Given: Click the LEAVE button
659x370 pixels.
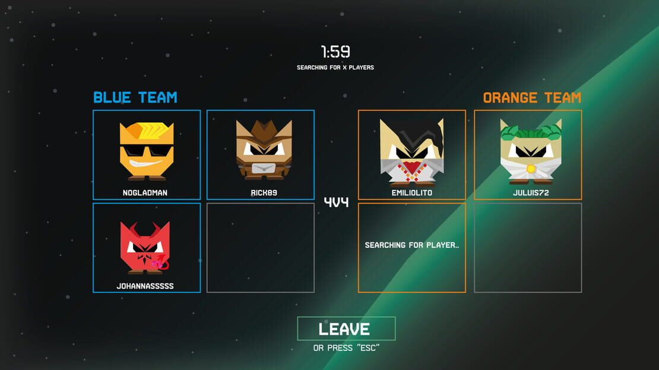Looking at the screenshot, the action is (346, 328).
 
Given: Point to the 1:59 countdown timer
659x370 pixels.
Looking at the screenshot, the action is (335, 52).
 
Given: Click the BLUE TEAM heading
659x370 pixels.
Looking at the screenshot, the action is (135, 97).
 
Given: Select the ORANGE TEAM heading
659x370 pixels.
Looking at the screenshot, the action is (532, 98).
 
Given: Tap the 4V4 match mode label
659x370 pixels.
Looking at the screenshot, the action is (336, 202).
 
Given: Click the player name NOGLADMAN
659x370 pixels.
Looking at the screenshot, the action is (145, 193).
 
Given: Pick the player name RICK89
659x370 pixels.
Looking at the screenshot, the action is (264, 193).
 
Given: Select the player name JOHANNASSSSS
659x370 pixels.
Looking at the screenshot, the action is (145, 286).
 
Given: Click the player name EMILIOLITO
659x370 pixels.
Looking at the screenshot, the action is (412, 193).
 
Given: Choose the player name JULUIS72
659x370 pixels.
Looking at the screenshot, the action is (531, 193).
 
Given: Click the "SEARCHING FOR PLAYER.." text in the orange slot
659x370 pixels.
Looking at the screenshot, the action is (412, 245).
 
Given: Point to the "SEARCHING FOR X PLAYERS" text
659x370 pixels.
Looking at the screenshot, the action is (335, 67).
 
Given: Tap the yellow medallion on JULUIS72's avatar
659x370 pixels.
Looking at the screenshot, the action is (531, 169).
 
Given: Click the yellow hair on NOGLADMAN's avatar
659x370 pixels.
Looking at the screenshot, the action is (147, 131).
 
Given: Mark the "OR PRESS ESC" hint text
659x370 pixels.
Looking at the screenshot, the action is (346, 347).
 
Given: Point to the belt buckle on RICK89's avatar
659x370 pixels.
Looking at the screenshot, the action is (264, 168).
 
